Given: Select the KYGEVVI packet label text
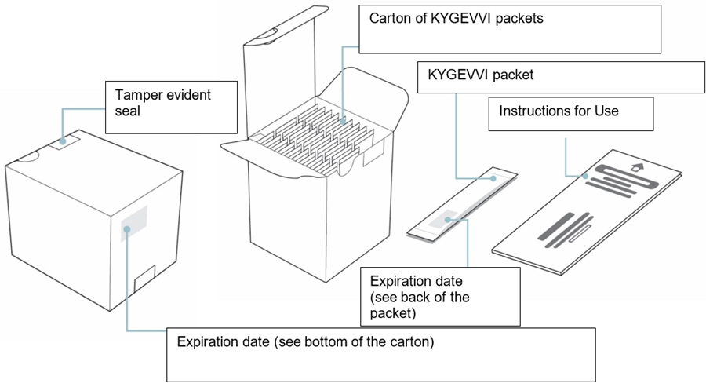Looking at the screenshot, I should pyautogui.click(x=479, y=76).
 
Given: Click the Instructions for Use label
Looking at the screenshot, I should pyautogui.click(x=559, y=111).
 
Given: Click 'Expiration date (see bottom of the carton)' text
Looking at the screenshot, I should pyautogui.click(x=306, y=342).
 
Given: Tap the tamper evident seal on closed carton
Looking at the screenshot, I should pyautogui.click(x=64, y=142).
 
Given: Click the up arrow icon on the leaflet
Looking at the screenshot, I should pyautogui.click(x=636, y=166).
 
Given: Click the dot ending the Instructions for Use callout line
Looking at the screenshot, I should pyautogui.click(x=585, y=176).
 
